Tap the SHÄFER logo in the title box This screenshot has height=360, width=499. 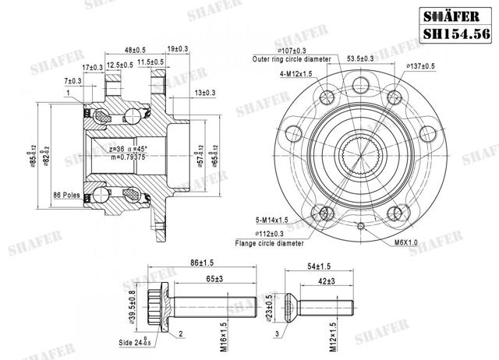pos(457,14)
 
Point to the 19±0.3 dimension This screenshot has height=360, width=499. pos(177,50)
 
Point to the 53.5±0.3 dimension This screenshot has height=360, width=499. pos(382,58)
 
